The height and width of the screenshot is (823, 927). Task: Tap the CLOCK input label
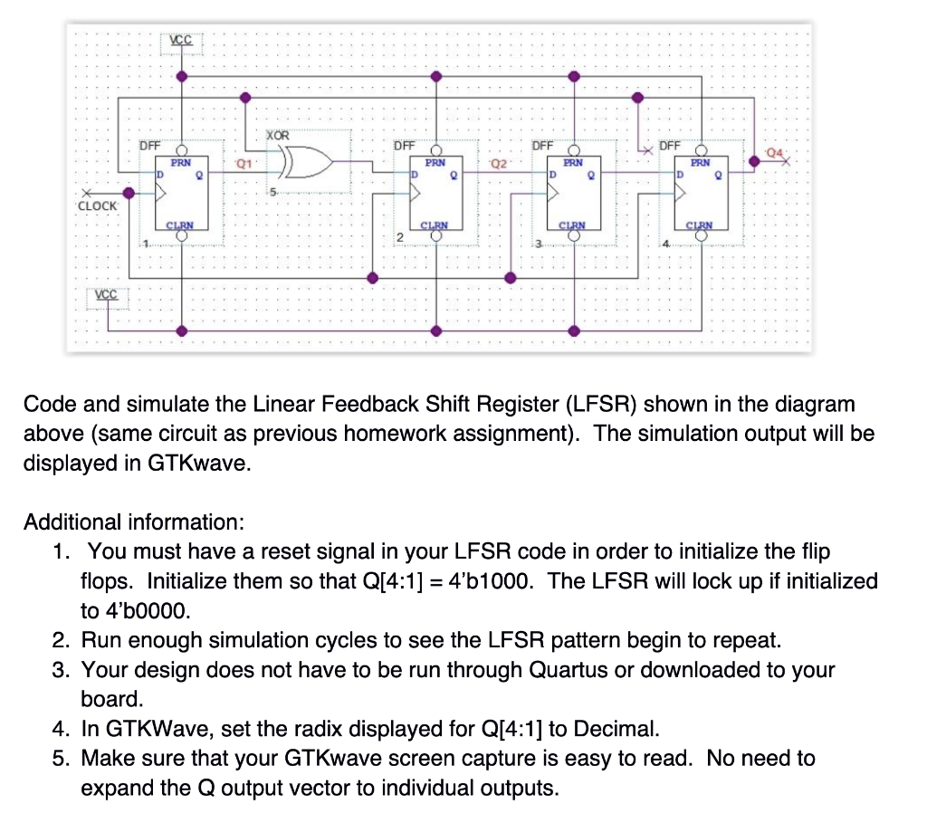click(97, 206)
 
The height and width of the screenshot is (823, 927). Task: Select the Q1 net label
click(242, 164)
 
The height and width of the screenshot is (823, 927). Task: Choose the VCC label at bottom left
click(108, 296)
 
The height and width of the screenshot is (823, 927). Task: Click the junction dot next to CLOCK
click(129, 192)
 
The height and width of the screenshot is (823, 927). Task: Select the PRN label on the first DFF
click(181, 163)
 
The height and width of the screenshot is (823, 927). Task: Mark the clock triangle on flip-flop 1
click(162, 192)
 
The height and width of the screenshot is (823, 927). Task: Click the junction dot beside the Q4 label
click(754, 162)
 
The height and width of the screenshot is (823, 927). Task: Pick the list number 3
click(61, 670)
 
